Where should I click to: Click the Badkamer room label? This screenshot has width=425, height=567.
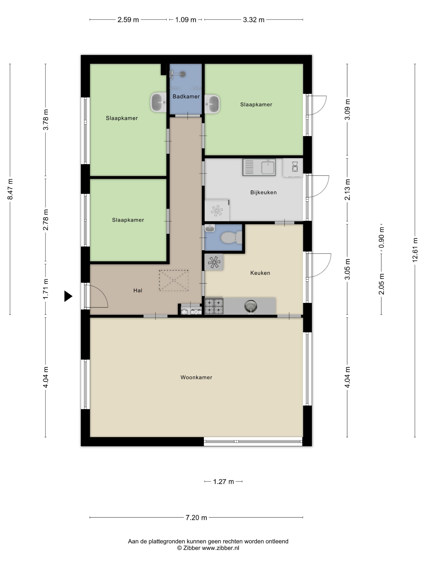[x=186, y=96]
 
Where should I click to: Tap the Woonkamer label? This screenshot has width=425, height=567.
[x=196, y=377]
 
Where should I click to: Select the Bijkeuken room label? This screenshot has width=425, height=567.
[x=263, y=192]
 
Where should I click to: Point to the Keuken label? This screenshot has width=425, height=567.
[x=260, y=273]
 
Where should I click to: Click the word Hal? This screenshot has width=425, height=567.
[x=138, y=290]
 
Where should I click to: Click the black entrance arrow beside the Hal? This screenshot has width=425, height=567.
[x=68, y=296]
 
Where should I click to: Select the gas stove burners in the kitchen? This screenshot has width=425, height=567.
[x=214, y=306]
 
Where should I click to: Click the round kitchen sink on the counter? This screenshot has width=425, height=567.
[x=251, y=306]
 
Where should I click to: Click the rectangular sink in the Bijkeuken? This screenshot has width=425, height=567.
[x=259, y=167]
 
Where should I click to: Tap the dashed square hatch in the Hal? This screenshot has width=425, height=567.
[x=174, y=280]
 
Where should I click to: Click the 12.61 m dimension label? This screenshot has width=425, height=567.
[x=415, y=250]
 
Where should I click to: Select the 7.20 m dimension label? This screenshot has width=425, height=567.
[x=196, y=518]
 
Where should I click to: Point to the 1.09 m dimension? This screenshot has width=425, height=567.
[x=185, y=19]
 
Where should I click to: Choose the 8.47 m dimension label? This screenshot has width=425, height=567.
[x=10, y=189]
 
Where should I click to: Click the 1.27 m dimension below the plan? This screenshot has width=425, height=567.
[x=223, y=482]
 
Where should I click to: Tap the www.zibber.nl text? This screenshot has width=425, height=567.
[x=221, y=548]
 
